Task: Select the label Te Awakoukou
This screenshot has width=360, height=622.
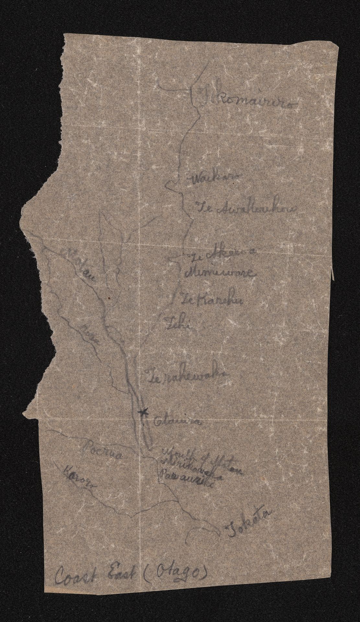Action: click(x=246, y=208)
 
